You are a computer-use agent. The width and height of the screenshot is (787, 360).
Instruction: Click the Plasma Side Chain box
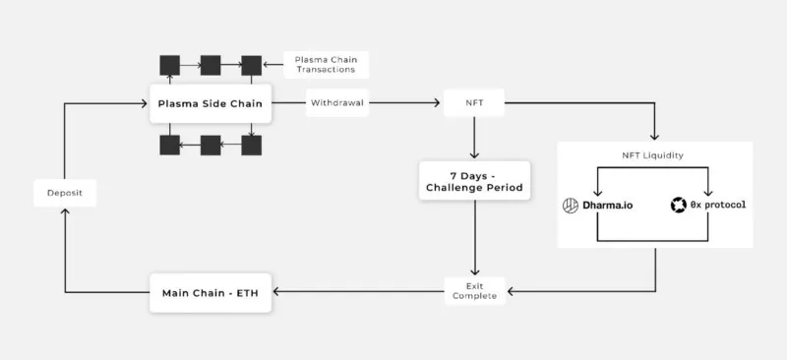click(x=211, y=104)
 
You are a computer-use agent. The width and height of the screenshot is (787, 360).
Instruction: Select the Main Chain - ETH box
click(x=211, y=293)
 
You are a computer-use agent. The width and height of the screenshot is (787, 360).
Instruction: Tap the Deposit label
click(x=65, y=193)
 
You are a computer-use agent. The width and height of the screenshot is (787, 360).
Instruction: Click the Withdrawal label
click(x=337, y=103)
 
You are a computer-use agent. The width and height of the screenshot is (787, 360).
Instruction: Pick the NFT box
click(x=474, y=103)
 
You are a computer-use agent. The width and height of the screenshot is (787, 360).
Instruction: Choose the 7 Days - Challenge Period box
click(x=474, y=181)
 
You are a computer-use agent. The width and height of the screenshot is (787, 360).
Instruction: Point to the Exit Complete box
click(x=474, y=291)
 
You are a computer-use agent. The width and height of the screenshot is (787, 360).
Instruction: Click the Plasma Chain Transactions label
click(x=327, y=64)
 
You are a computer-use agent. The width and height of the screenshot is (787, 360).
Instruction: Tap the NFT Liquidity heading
click(x=652, y=155)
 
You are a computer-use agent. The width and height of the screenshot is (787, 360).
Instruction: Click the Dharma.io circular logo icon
click(x=571, y=206)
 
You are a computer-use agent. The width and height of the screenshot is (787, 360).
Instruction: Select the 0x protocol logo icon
click(x=678, y=206)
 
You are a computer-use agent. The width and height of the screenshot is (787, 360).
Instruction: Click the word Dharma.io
click(x=607, y=206)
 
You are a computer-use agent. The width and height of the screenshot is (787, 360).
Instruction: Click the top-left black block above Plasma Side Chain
click(x=169, y=65)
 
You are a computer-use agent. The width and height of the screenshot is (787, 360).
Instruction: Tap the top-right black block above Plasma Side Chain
click(x=252, y=65)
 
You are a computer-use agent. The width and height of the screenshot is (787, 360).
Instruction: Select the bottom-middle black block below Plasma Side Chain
click(x=211, y=146)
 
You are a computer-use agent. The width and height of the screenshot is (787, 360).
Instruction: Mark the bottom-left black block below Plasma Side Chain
click(x=169, y=146)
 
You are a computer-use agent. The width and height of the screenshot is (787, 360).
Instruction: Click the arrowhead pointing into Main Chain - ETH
click(x=276, y=292)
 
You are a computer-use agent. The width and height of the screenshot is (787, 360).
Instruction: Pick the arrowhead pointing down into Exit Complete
click(x=474, y=271)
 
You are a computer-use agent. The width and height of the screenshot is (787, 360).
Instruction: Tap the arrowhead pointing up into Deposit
click(x=65, y=212)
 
